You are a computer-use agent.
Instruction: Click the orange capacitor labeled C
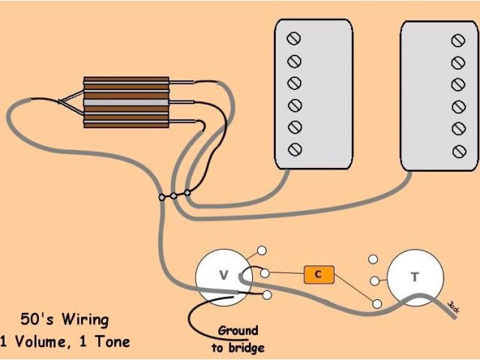click(x=318, y=274)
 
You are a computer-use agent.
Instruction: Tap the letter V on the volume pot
click(x=223, y=275)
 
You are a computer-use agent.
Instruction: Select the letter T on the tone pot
click(x=414, y=277)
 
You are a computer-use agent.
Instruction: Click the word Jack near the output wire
click(x=453, y=306)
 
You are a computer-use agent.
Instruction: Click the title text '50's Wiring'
click(x=65, y=320)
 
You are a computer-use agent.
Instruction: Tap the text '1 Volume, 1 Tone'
click(x=65, y=342)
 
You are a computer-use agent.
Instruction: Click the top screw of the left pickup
click(x=295, y=38)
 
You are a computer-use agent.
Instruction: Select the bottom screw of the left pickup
click(x=295, y=148)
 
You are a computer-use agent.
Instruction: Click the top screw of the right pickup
click(x=457, y=40)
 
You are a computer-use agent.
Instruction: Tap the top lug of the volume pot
click(x=262, y=250)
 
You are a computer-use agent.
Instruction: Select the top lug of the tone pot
click(x=373, y=259)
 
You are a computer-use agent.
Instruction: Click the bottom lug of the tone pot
click(x=376, y=304)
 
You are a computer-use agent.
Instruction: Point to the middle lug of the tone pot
click(x=373, y=281)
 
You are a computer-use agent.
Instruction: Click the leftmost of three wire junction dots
click(x=161, y=197)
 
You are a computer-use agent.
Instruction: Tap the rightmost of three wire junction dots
click(x=187, y=193)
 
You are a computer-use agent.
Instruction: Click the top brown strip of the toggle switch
click(x=125, y=79)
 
